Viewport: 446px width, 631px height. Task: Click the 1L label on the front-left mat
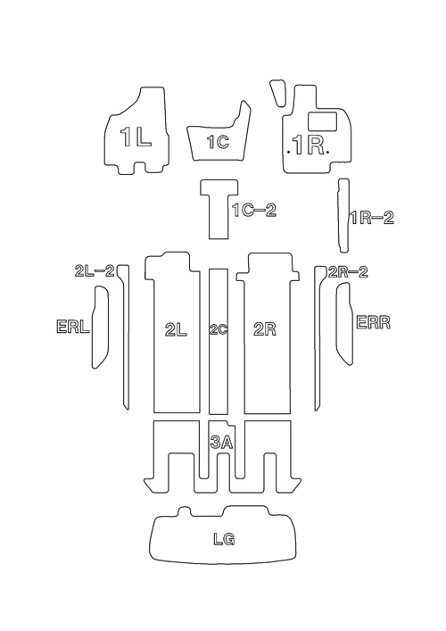pyautogui.click(x=136, y=137)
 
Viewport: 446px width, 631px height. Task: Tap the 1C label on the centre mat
pyautogui.click(x=218, y=142)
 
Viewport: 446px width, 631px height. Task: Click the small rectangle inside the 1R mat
pyautogui.click(x=322, y=121)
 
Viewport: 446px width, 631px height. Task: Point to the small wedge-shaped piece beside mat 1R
pyautogui.click(x=278, y=93)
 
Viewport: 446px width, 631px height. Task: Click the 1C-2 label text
pyautogui.click(x=255, y=211)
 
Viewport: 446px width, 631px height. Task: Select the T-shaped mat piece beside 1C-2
pyautogui.click(x=219, y=209)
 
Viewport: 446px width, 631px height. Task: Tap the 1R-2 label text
pyautogui.click(x=372, y=218)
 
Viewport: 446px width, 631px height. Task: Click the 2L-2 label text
pyautogui.click(x=95, y=270)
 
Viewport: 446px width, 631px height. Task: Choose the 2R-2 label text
pyautogui.click(x=348, y=272)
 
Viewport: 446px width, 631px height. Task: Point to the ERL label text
pyautogui.click(x=73, y=327)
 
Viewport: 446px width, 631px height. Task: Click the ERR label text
pyautogui.click(x=374, y=323)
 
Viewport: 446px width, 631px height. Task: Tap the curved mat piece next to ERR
pyautogui.click(x=344, y=324)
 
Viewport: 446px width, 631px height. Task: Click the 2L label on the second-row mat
pyautogui.click(x=176, y=330)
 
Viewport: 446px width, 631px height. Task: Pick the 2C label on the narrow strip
pyautogui.click(x=219, y=330)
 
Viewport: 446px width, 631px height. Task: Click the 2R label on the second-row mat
pyautogui.click(x=265, y=330)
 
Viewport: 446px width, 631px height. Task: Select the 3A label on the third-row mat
pyautogui.click(x=221, y=443)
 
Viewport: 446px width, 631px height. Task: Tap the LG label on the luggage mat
pyautogui.click(x=224, y=539)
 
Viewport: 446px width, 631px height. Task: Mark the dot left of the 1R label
pyautogui.click(x=289, y=152)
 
